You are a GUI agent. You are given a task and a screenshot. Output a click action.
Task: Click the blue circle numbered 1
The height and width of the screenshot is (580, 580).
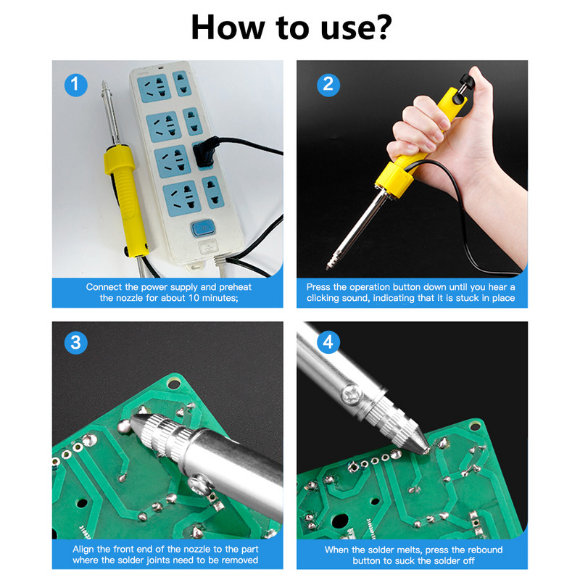click(x=76, y=85)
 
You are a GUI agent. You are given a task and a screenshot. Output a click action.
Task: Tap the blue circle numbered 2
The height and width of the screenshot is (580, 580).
click(x=328, y=85)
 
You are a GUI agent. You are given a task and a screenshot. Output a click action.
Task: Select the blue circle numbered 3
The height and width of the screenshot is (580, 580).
click(x=76, y=342)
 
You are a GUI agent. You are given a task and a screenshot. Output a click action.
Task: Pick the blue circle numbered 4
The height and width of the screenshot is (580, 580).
click(x=328, y=342)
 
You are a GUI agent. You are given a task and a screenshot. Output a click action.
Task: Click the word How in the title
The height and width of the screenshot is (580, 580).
click(x=228, y=28)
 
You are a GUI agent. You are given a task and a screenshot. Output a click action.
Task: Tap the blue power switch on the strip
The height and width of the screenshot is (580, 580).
click(x=203, y=228)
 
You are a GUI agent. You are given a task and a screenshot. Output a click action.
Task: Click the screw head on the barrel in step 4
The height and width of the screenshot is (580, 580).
click(x=350, y=394)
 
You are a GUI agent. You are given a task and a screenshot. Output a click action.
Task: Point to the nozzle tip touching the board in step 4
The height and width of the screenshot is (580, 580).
click(x=426, y=450)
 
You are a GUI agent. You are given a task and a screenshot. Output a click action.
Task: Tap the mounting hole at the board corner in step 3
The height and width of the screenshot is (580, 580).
click(x=174, y=384)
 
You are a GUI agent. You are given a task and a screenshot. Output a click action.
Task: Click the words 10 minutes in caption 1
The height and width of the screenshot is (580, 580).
click(x=212, y=298)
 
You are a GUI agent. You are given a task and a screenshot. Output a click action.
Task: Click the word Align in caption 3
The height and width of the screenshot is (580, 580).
click(x=83, y=550)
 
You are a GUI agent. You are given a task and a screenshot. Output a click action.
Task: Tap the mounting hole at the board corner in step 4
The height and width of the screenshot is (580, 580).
click(x=475, y=427)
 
